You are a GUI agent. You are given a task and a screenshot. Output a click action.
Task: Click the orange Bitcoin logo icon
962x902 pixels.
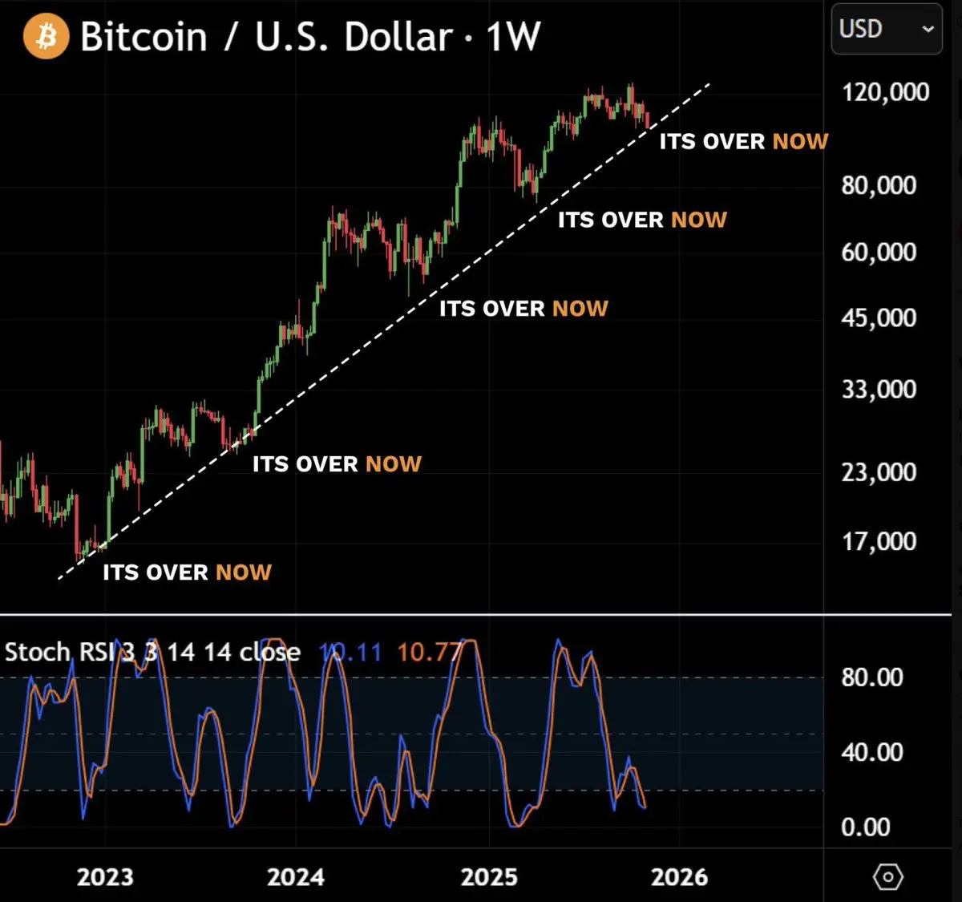coord(46,37)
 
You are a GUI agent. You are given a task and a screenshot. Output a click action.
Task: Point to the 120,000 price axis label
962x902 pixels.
coord(885,92)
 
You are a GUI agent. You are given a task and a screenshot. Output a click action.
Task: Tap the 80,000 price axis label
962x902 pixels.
coord(879,185)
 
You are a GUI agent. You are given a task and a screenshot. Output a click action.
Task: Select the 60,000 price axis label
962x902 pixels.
coord(879,252)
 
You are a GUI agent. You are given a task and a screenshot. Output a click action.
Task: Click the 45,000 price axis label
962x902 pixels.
coord(879,318)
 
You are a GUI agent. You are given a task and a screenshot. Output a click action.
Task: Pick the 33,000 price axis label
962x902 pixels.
coord(879,389)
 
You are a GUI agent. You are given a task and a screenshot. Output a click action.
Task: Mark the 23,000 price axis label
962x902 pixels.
coord(879,471)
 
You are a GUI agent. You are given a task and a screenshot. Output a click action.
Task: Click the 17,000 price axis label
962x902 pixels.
coord(879,541)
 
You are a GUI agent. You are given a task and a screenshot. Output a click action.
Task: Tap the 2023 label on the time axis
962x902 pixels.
coord(105,877)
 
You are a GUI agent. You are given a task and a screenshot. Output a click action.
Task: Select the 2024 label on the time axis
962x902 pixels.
coord(296,877)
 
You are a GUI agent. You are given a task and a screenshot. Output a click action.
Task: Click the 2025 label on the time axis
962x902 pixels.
coord(489,877)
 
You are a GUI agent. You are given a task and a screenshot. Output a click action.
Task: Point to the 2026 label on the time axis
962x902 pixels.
coord(679,877)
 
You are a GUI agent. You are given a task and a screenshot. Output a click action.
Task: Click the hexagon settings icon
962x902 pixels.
coord(887,877)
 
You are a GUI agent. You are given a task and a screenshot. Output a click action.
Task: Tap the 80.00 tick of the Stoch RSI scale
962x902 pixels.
coord(872,678)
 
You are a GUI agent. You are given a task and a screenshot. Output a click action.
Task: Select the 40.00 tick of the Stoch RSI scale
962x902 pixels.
coord(872,752)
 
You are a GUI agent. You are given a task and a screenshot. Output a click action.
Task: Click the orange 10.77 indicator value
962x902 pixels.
coord(430,652)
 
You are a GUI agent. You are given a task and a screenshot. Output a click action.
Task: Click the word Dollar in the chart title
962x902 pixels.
coord(398,37)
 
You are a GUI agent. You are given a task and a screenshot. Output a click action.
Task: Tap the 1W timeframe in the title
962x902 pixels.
coord(513,37)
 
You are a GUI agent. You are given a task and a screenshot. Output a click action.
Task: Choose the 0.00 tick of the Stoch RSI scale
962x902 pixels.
coord(866,827)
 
